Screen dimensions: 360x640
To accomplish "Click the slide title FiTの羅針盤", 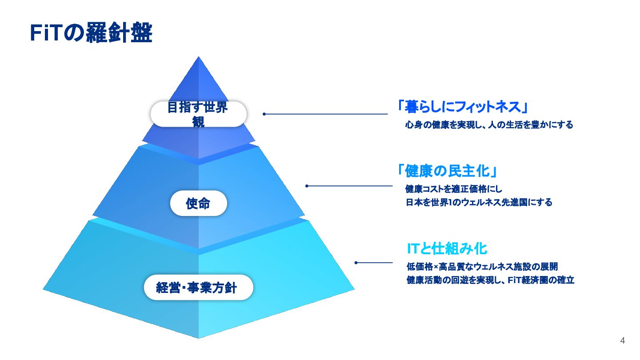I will [x=91, y=33].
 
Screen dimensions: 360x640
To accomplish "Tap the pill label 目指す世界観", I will [x=198, y=114].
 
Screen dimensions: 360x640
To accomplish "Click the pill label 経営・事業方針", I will [x=198, y=288].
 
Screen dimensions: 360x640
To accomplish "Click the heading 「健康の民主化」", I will [x=448, y=171].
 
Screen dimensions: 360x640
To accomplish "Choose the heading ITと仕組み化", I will [x=447, y=248].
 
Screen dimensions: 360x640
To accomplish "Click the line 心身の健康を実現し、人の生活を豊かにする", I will [x=489, y=125].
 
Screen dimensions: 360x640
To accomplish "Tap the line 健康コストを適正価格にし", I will [x=454, y=189].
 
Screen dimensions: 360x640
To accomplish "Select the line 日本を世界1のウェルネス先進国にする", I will [x=479, y=203].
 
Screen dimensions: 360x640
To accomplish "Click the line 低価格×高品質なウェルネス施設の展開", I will [x=482, y=267].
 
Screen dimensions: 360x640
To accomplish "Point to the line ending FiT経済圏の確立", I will [x=490, y=280].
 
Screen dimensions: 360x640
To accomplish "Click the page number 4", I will [x=622, y=341].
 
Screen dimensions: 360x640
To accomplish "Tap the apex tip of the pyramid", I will [x=198, y=58].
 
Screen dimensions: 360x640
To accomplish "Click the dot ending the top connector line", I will [x=264, y=114].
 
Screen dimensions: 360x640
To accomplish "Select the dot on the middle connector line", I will [x=307, y=186].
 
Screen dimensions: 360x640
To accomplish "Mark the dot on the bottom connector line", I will [x=356, y=263].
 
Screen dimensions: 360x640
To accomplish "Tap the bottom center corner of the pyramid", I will [x=199, y=338].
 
